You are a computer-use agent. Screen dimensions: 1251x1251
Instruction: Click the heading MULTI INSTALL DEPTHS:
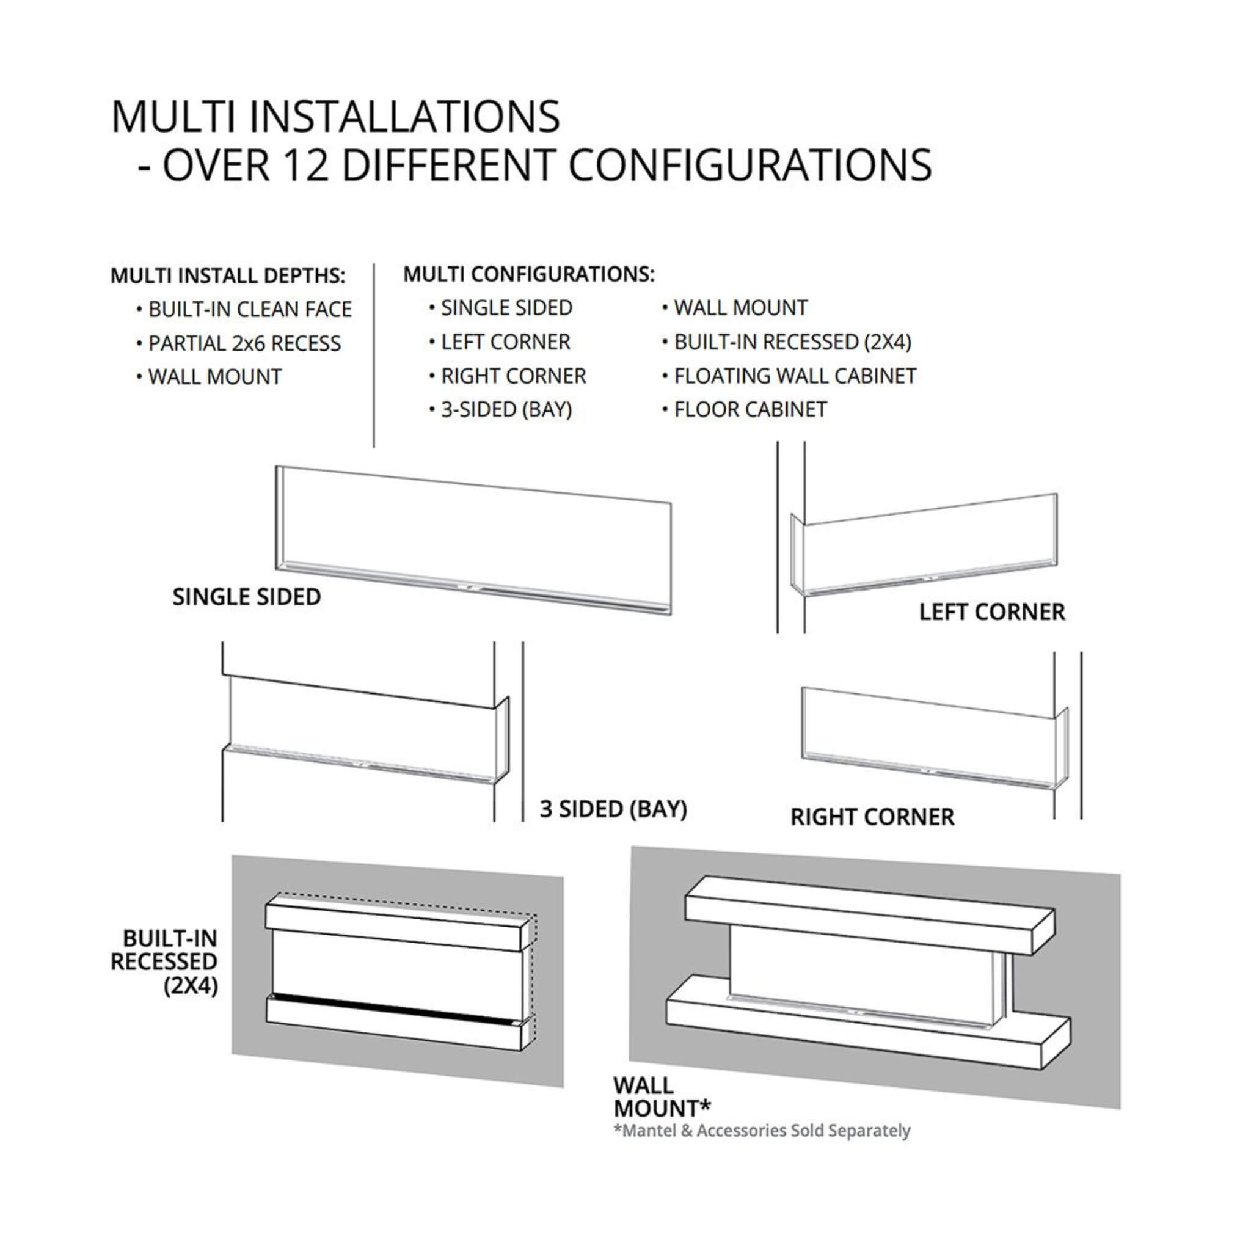pyautogui.click(x=228, y=276)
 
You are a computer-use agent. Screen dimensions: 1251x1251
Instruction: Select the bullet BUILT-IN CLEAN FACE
pyautogui.click(x=250, y=310)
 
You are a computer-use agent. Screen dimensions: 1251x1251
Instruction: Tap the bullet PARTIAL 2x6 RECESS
pyautogui.click(x=244, y=343)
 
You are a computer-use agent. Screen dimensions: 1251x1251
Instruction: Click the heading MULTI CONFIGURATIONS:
pyautogui.click(x=529, y=274)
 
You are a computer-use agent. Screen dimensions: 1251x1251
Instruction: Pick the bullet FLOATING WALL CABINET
pyautogui.click(x=795, y=376)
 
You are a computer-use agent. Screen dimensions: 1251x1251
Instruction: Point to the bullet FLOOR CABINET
pyautogui.click(x=750, y=410)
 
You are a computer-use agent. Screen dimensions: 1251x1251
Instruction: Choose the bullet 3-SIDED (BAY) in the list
pyautogui.click(x=506, y=410)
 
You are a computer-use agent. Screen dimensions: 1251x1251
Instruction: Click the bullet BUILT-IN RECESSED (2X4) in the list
pyautogui.click(x=792, y=342)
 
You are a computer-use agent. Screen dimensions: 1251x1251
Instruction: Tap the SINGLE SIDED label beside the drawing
pyautogui.click(x=247, y=597)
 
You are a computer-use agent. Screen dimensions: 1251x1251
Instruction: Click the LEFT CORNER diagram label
pyautogui.click(x=991, y=612)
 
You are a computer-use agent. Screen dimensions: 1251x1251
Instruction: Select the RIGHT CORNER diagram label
pyautogui.click(x=872, y=817)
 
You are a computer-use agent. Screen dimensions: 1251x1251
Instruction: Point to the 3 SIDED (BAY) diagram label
pyautogui.click(x=613, y=809)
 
